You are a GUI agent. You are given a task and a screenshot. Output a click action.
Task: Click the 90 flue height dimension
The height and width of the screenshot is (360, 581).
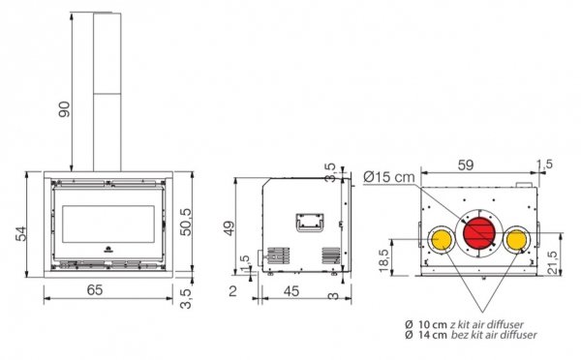[64, 109]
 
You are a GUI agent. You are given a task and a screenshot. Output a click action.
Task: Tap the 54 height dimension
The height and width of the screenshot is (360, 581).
[21, 233]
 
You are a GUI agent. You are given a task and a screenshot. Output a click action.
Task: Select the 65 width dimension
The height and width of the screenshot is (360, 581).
[95, 290]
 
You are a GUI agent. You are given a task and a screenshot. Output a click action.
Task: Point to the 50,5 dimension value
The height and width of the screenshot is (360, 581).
[186, 222]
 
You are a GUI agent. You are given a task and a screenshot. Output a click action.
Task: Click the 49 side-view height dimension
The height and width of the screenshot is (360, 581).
[229, 228]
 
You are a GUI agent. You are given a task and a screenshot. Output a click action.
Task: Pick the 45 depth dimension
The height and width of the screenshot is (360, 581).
[291, 291]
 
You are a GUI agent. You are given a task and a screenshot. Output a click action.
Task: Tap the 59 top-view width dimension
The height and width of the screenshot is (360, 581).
[466, 165]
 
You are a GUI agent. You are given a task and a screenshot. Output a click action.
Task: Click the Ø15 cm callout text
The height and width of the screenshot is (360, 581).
[389, 177]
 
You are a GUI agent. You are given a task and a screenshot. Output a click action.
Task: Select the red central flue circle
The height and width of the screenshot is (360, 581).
[479, 233]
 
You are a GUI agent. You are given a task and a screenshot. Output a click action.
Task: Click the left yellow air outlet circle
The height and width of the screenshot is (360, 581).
[442, 239]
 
